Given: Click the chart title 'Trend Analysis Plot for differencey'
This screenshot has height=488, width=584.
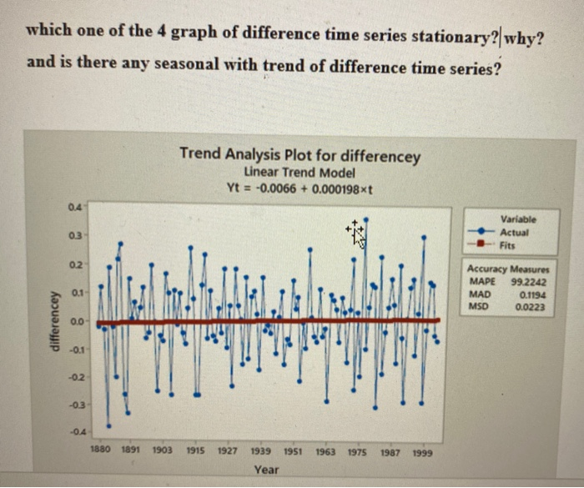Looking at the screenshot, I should [x=300, y=156].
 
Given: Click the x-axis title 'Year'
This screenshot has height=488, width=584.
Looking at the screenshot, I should [x=266, y=470].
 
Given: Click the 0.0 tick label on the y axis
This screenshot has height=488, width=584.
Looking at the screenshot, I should [x=77, y=320].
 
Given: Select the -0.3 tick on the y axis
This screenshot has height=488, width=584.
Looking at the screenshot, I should [x=75, y=404].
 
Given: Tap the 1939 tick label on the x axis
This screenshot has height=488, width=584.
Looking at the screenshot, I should [x=260, y=450].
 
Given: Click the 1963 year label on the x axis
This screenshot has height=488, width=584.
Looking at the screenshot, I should [x=325, y=450].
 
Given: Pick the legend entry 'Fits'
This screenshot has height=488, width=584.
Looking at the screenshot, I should [x=510, y=246].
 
